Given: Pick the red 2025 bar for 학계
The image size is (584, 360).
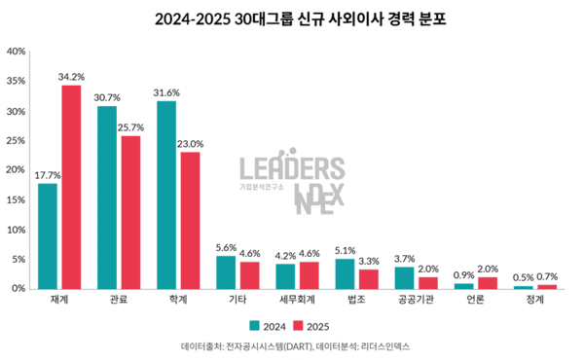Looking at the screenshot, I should (x=190, y=220).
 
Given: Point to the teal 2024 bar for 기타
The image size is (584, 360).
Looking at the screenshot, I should (x=226, y=271).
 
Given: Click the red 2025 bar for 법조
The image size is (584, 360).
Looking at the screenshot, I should (x=368, y=278).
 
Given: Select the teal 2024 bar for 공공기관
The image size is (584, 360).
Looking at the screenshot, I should (x=404, y=277).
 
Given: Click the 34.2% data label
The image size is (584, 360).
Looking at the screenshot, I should (x=71, y=76).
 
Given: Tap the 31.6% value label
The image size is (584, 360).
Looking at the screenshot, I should (x=166, y=91).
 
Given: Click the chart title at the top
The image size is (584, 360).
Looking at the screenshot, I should (x=292, y=18).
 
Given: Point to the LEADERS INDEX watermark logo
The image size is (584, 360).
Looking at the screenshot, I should (x=292, y=182).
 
